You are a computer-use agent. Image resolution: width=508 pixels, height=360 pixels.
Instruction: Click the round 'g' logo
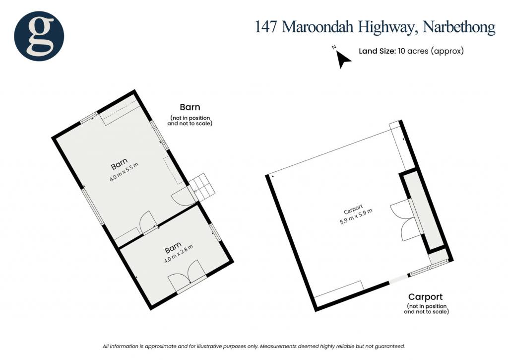[39, 36]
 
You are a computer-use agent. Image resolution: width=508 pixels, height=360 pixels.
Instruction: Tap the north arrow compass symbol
[342, 59]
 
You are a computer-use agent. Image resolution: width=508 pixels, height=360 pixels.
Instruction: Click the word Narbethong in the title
[459, 27]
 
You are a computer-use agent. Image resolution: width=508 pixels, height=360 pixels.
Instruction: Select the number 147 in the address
[266, 27]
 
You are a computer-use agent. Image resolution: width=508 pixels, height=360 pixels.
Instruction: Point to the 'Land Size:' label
[377, 51]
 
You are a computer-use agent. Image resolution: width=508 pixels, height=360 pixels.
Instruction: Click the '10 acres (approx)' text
[431, 51]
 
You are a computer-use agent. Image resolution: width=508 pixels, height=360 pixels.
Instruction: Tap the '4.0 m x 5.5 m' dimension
[124, 172]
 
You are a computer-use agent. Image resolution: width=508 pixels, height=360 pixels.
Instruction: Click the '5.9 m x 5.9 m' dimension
[356, 217]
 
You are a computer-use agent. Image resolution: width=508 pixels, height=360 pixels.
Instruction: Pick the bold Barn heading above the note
[190, 107]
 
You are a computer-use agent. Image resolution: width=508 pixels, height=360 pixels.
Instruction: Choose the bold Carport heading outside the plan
[425, 297]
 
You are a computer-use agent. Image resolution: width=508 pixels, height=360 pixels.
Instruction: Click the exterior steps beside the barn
[203, 187]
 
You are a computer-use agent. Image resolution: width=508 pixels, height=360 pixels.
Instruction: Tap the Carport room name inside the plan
[353, 209]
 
